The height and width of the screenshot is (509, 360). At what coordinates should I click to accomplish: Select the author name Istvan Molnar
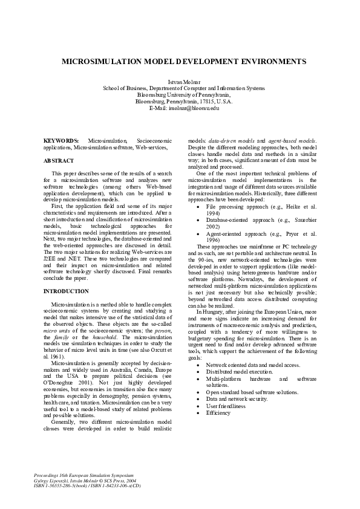(180, 81)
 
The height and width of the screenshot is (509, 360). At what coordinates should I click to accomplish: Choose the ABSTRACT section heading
(59, 161)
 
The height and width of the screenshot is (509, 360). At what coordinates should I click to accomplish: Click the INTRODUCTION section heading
(67, 291)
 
